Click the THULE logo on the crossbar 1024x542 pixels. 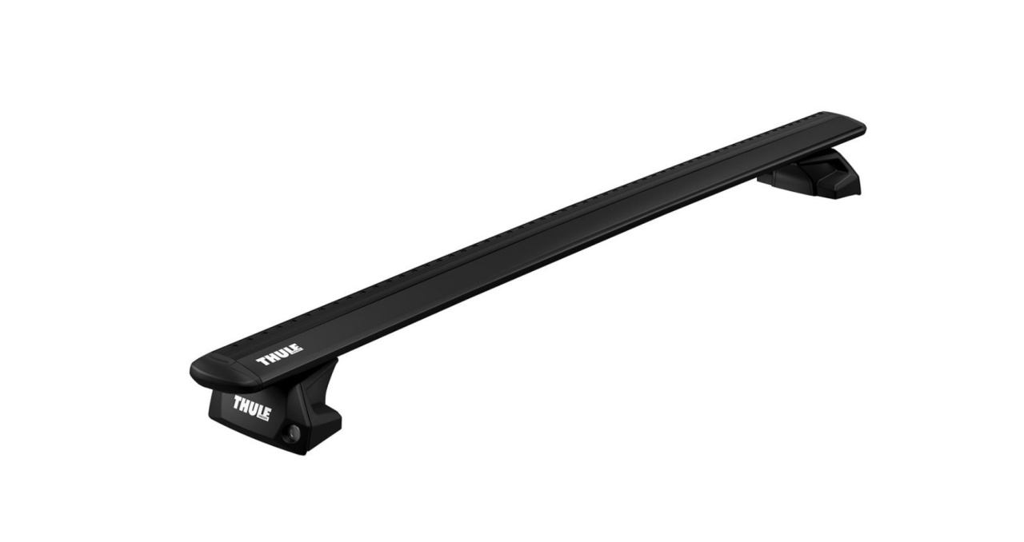click(x=280, y=355)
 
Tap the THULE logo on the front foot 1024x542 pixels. click(x=252, y=408)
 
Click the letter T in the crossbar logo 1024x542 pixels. click(x=264, y=361)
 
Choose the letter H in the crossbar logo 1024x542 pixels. click(x=273, y=358)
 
